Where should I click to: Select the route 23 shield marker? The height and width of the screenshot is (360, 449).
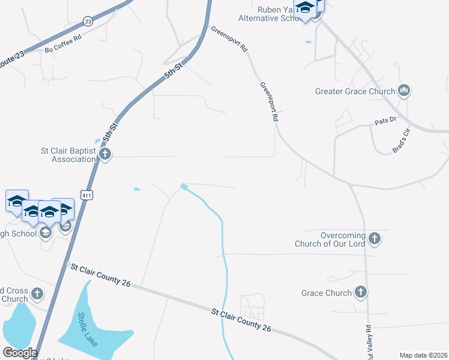88,21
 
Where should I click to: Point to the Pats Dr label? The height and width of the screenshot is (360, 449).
385,120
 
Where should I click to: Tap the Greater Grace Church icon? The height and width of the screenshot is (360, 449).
404,91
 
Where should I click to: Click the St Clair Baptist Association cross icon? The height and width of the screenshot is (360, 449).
105,154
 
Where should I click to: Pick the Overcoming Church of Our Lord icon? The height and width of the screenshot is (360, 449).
374,239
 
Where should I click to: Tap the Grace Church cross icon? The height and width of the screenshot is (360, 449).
360,292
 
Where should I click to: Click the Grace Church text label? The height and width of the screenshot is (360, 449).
327,293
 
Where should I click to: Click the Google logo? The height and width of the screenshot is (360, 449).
20,353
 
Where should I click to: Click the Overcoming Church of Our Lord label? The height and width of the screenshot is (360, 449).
330,239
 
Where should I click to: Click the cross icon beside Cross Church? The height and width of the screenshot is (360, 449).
37,293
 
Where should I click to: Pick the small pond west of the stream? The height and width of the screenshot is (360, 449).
137,190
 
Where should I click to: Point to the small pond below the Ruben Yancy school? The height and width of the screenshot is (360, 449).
309,42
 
